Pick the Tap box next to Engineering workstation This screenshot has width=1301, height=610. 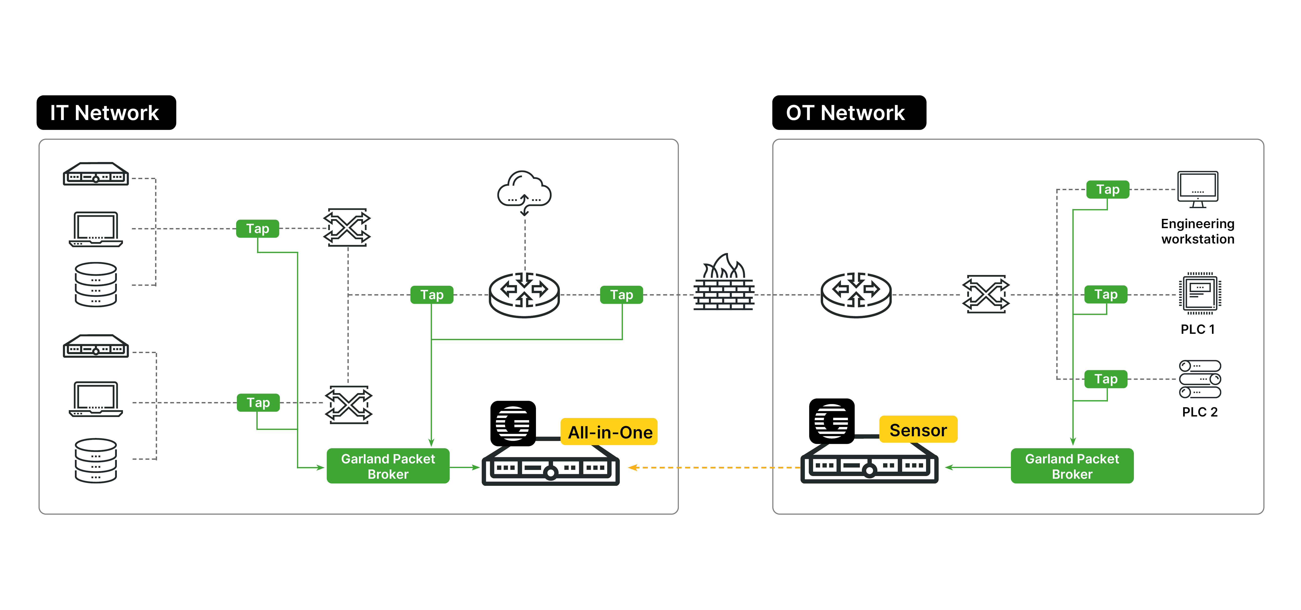pyautogui.click(x=1108, y=189)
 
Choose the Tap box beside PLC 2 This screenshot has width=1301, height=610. pyautogui.click(x=1106, y=379)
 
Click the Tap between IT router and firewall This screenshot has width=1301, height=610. pyautogui.click(x=621, y=295)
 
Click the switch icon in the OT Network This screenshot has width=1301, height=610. pyautogui.click(x=986, y=294)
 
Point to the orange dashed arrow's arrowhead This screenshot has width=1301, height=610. pyautogui.click(x=632, y=468)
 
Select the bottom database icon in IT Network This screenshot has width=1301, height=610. pyautogui.click(x=96, y=460)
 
